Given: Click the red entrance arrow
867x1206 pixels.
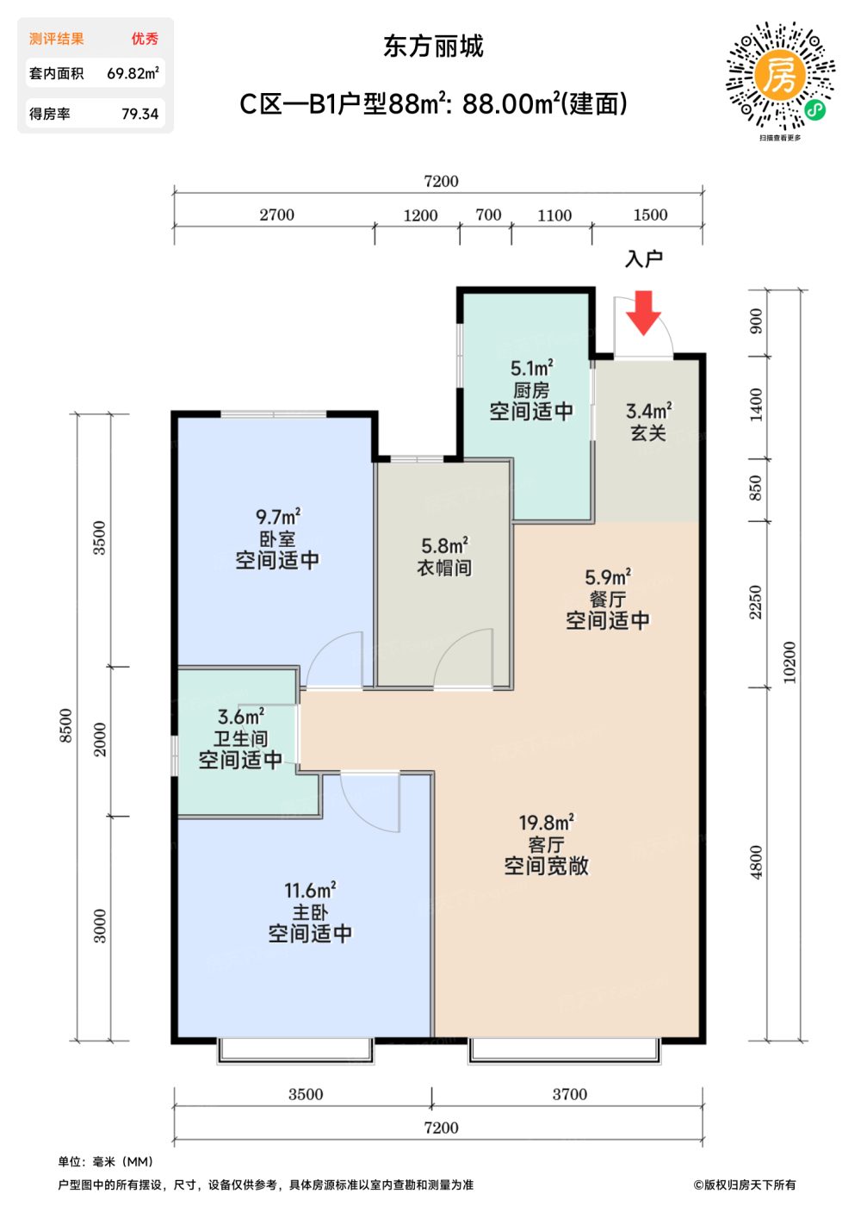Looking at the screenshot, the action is pos(643,313).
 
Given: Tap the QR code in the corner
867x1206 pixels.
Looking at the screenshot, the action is pos(780,75).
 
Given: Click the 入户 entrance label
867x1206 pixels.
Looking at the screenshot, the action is pos(644,259).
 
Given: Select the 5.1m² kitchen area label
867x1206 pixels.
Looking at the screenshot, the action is pos(532,369).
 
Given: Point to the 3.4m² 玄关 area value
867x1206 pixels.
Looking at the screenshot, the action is pos(648,412).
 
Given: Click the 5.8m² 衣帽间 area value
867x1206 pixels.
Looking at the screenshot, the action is pos(444,545).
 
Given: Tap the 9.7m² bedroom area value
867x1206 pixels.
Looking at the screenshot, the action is pos(278,516).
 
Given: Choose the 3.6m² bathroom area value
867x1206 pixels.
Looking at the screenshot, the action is pos(240,717).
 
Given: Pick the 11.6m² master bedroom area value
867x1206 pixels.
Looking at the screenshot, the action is pos(310,890).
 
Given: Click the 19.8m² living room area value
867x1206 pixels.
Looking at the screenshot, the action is pos(546,822).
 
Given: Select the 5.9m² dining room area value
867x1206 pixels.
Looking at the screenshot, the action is pos(608,577).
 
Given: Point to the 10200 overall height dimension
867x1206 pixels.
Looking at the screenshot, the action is pos(789,662).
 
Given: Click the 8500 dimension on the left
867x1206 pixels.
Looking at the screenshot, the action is pos(65,725).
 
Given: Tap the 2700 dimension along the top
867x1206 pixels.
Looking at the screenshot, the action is pos(276,214).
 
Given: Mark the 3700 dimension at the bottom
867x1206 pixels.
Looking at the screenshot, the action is pos(569,1094).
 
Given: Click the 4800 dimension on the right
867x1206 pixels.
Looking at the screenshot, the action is pos(756,862).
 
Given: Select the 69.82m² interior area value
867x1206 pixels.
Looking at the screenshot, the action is pos(133,72).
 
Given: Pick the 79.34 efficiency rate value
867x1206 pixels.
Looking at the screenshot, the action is pos(140,114).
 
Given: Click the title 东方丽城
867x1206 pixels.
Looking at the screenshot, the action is pos(433,47).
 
